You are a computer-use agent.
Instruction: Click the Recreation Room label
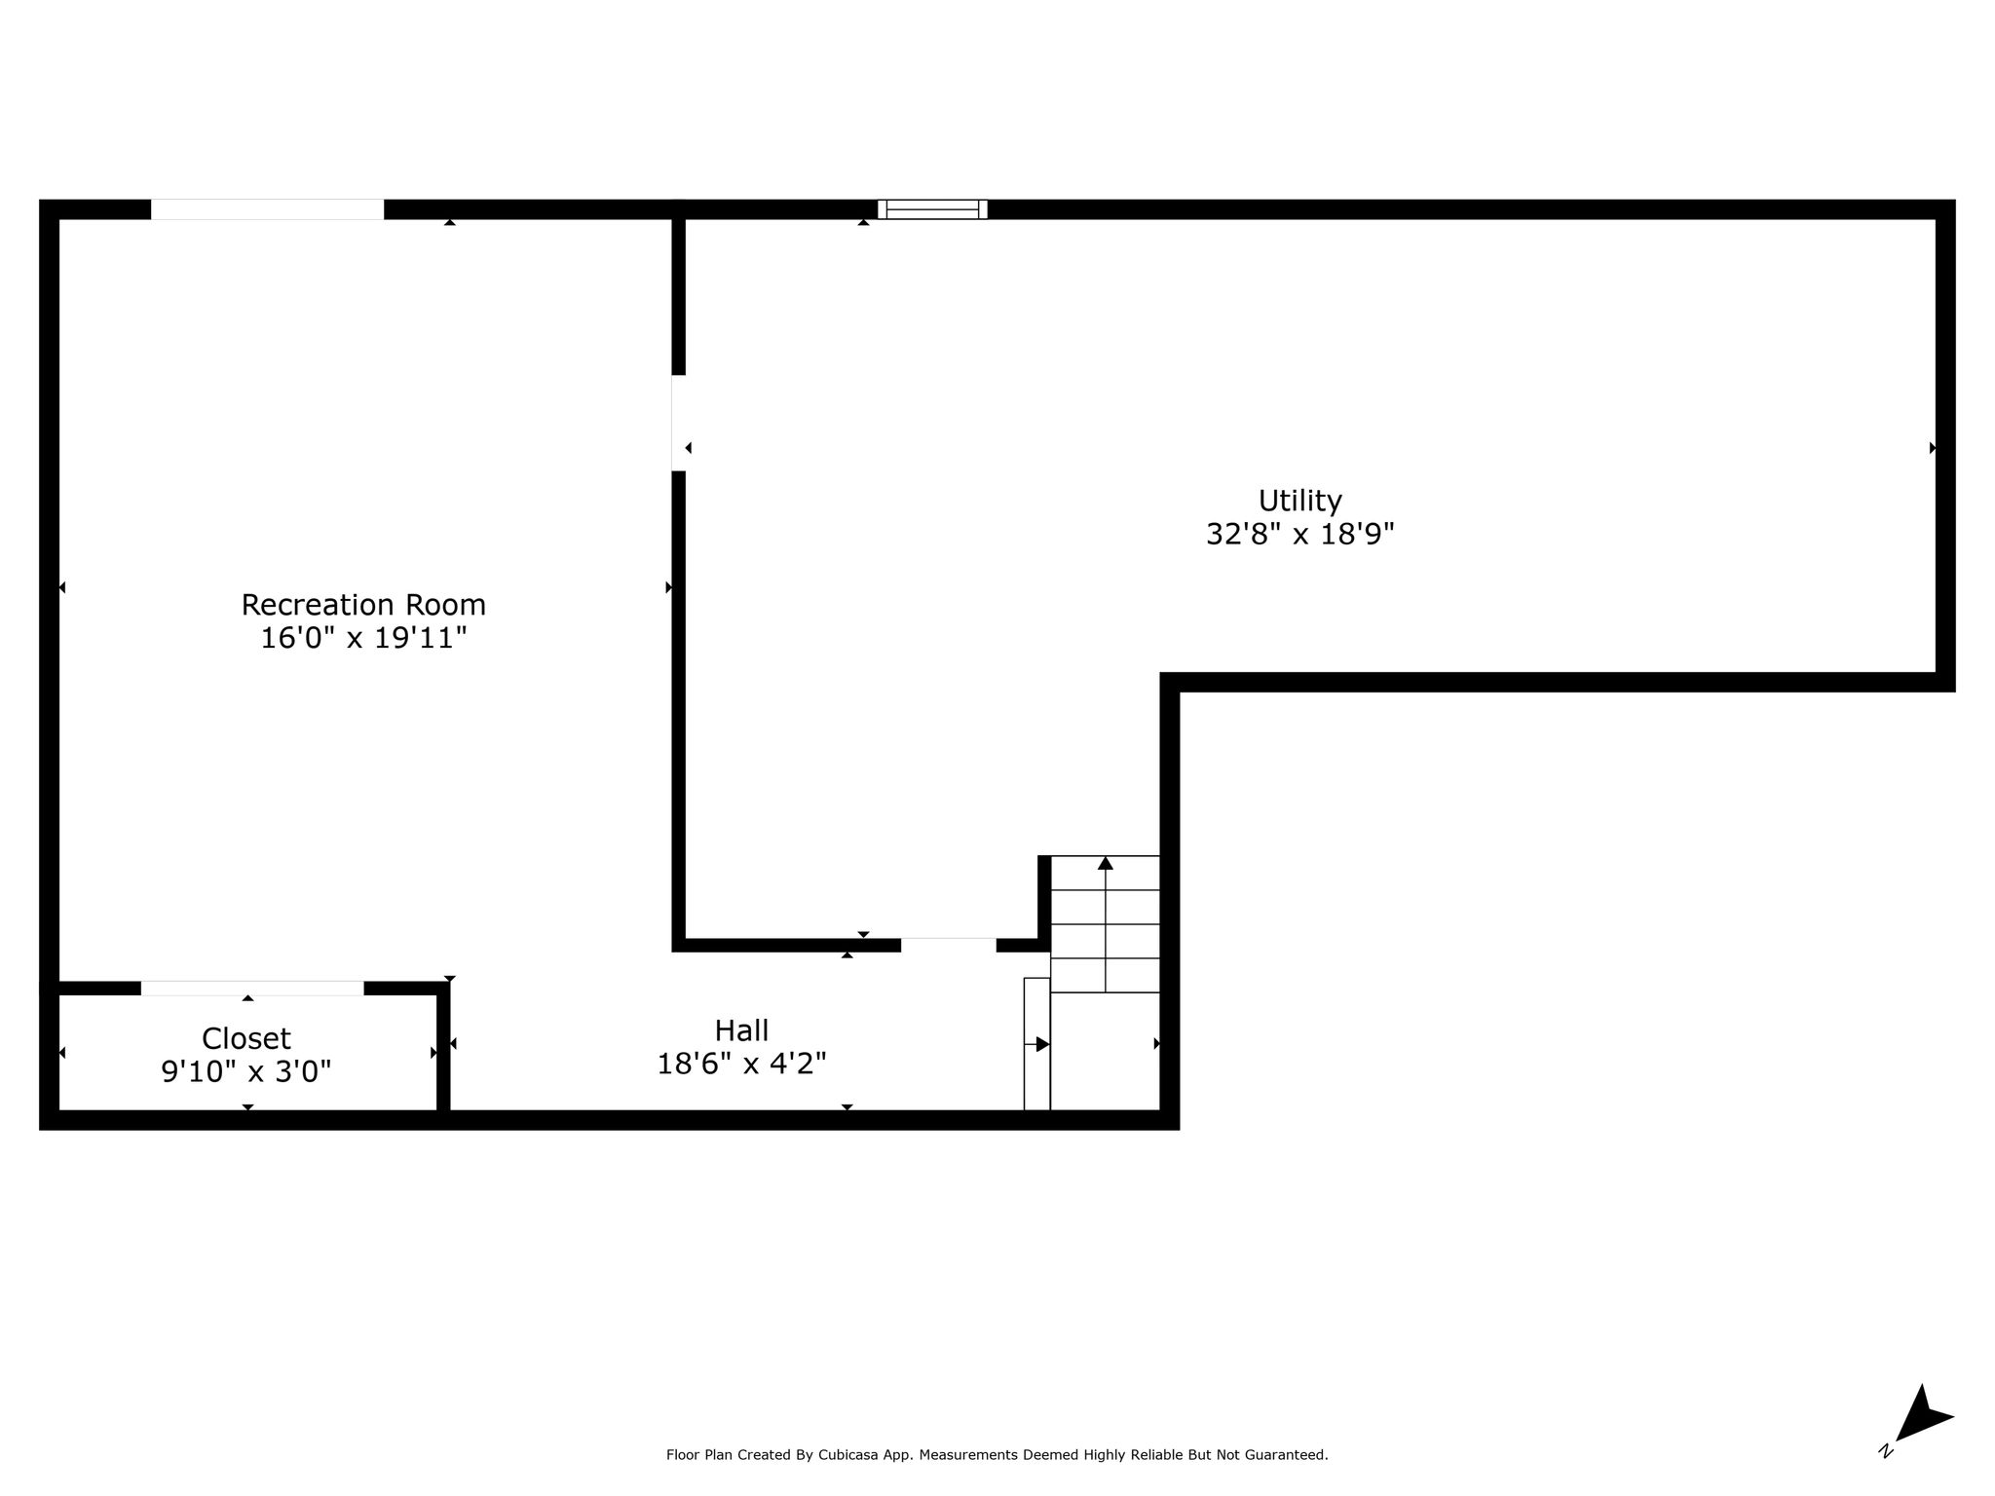363,605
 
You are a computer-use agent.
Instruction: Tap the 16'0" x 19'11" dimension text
363,639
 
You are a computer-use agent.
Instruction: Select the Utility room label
1300,501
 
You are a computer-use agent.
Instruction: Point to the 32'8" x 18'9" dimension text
1300,534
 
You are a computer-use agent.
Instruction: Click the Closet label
246,1038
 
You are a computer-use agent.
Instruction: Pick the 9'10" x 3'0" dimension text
246,1071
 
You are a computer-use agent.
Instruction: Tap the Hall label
742,1030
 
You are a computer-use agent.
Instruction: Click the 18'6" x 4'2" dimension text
742,1064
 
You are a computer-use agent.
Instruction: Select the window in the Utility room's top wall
932,209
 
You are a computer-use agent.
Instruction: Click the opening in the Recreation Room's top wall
267,209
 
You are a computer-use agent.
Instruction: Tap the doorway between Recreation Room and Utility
679,423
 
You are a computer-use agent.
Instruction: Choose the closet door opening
252,988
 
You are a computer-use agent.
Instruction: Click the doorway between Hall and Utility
948,945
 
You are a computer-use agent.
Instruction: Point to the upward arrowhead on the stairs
1106,863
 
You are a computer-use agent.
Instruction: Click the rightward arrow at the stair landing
1036,1044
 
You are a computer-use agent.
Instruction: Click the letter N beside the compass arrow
1887,1450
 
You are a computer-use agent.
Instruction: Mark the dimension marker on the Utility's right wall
1933,448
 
